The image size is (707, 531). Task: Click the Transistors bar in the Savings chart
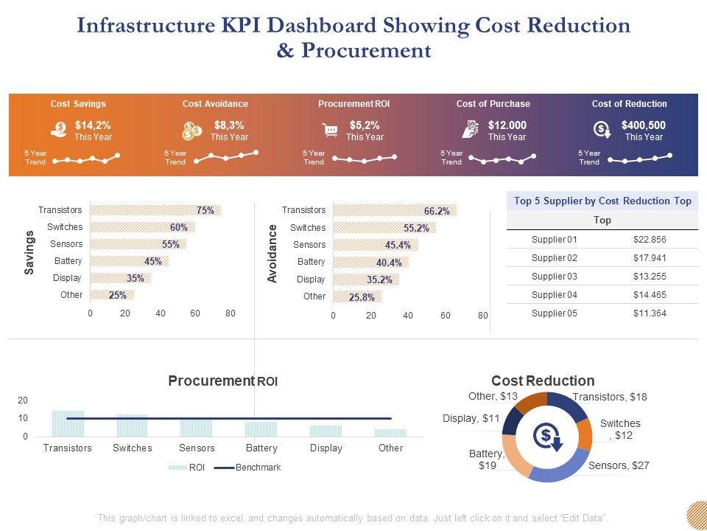pos(155,210)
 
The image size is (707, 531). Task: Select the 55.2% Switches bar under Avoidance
pos(384,228)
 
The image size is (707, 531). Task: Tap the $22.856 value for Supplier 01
pos(649,239)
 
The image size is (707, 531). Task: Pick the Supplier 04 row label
pos(555,294)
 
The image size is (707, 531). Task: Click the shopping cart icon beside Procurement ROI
pos(331,131)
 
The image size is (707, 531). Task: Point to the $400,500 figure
pos(643,125)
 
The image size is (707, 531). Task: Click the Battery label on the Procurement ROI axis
pos(261,448)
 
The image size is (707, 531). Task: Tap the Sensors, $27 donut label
pos(619,465)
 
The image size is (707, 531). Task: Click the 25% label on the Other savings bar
pos(117,295)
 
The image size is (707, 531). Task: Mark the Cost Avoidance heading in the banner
pos(215,104)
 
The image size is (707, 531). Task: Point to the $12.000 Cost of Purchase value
pos(507,125)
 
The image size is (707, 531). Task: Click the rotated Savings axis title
pos(30,252)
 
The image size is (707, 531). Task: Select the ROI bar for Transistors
pos(68,423)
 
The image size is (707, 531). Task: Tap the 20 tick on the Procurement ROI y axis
pos(23,400)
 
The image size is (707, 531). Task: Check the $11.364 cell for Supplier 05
pos(649,313)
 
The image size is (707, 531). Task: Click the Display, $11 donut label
pos(471,418)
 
